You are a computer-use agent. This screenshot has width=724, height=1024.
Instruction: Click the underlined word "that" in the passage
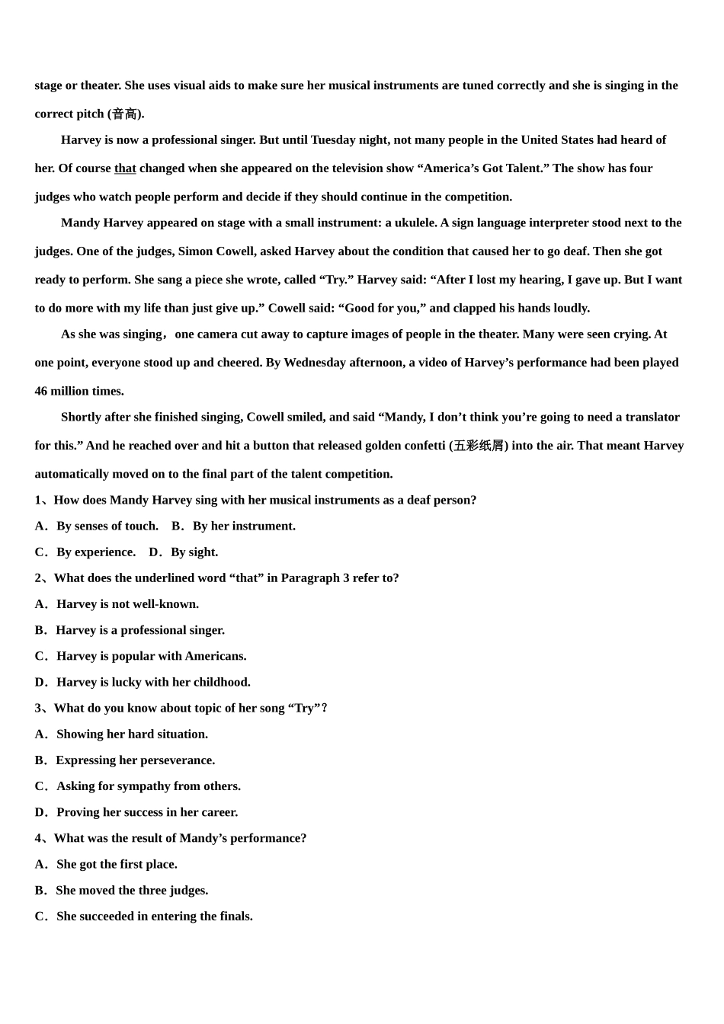(x=125, y=168)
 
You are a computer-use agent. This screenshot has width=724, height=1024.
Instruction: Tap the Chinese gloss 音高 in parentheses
(x=124, y=114)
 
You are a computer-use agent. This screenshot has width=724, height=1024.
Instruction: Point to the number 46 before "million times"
(x=41, y=392)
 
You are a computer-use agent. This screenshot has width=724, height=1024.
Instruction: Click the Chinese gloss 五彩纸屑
(x=479, y=446)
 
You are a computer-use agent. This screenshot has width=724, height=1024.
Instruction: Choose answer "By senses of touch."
(x=107, y=526)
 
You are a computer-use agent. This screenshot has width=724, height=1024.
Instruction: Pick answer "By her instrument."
(x=243, y=526)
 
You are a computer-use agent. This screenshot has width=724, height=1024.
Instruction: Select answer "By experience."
(x=95, y=552)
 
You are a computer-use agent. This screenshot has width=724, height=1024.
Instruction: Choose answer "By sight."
(x=194, y=552)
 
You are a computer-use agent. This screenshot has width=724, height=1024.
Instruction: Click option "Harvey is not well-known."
(x=127, y=604)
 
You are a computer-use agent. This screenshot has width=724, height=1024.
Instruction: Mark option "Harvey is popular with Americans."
(x=151, y=656)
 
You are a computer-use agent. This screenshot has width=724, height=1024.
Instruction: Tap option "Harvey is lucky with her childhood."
(x=153, y=682)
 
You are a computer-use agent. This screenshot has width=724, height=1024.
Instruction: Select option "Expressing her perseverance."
(x=135, y=760)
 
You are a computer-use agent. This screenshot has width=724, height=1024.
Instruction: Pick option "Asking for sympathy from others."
(x=148, y=786)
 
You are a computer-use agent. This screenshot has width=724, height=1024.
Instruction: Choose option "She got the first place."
(x=117, y=864)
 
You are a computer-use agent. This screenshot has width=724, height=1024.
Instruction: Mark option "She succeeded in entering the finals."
(x=154, y=917)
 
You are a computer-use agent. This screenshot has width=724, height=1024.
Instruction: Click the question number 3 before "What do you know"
(x=38, y=709)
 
